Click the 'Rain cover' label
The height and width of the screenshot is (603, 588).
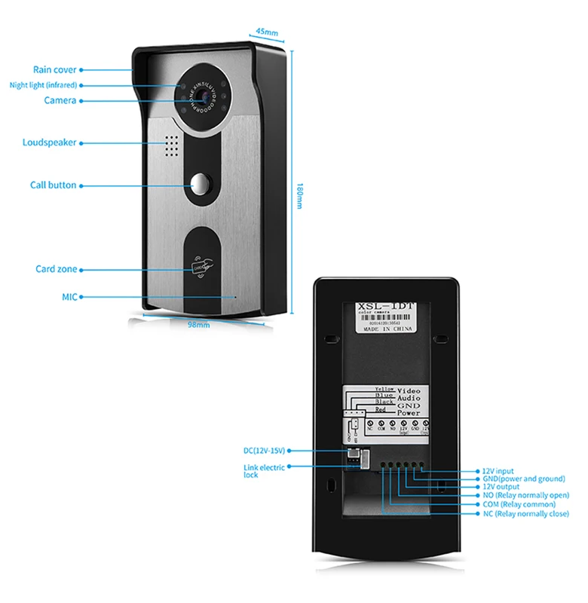pyautogui.click(x=54, y=69)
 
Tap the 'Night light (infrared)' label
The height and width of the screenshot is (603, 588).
pyautogui.click(x=43, y=85)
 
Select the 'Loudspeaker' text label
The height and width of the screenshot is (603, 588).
pyautogui.click(x=50, y=142)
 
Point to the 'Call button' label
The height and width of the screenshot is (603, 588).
pyautogui.click(x=53, y=185)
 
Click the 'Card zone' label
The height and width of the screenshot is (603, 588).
pyautogui.click(x=56, y=269)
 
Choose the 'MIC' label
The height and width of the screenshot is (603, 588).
pyautogui.click(x=70, y=296)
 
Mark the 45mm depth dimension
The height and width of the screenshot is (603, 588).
pyautogui.click(x=267, y=32)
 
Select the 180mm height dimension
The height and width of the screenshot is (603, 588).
pyautogui.click(x=299, y=196)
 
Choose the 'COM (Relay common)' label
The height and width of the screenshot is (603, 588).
pyautogui.click(x=519, y=504)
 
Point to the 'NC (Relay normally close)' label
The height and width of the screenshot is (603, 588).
pyautogui.click(x=525, y=513)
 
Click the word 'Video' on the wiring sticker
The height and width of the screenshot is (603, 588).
pyautogui.click(x=409, y=391)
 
